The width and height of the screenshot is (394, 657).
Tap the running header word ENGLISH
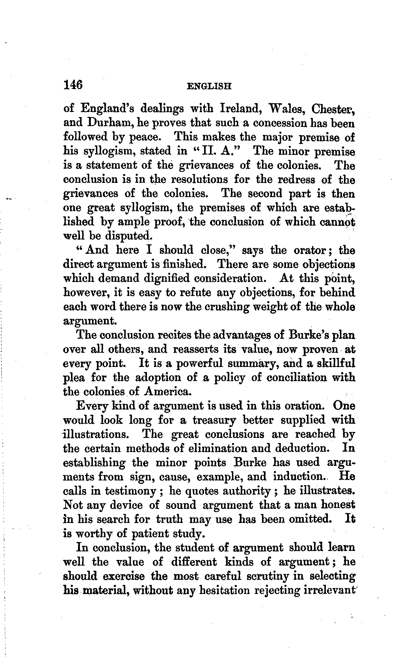(x=209, y=86)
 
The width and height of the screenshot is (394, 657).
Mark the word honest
(x=335, y=505)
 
